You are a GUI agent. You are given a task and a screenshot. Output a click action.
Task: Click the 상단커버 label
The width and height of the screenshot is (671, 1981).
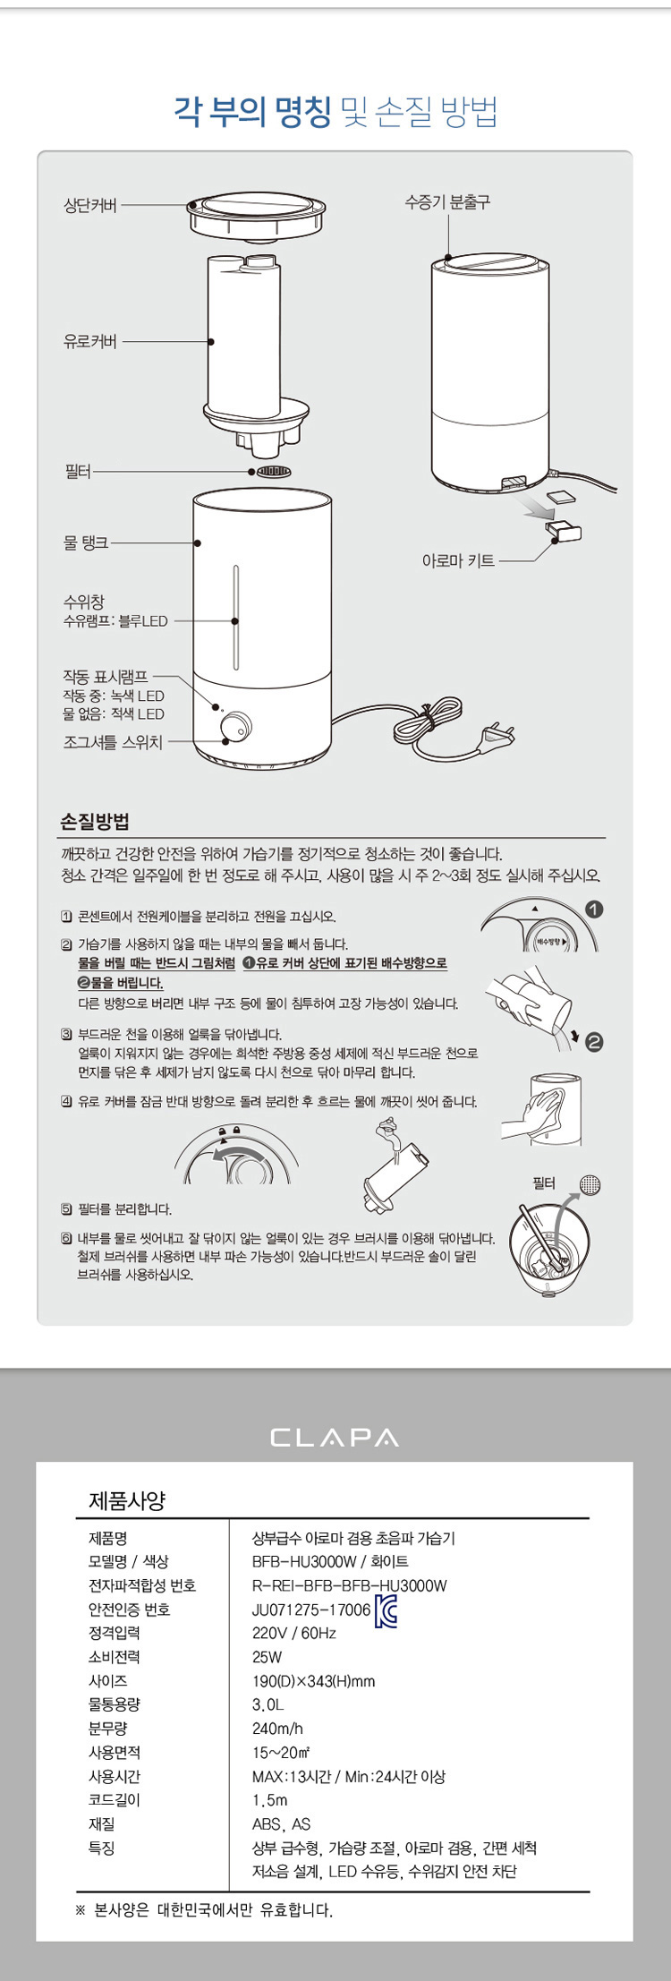pyautogui.click(x=89, y=205)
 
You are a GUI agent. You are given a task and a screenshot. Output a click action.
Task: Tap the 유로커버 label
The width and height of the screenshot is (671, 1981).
pyautogui.click(x=89, y=341)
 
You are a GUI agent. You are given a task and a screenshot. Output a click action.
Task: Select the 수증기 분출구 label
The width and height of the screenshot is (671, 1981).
pyautogui.click(x=447, y=202)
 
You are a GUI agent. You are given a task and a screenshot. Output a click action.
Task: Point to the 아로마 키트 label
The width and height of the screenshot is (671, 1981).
pyautogui.click(x=458, y=561)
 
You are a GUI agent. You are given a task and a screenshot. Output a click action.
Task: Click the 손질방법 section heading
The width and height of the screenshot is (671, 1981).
pyautogui.click(x=95, y=821)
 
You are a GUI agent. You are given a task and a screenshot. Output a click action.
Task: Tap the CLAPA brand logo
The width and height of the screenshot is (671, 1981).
pyautogui.click(x=335, y=1438)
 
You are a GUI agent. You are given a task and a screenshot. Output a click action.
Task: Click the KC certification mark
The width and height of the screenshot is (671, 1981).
pyautogui.click(x=386, y=1610)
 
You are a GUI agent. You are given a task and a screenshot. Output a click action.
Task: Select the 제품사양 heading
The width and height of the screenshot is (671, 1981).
pyautogui.click(x=127, y=1501)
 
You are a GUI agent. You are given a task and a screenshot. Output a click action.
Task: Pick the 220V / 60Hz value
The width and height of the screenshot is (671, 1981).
pyautogui.click(x=293, y=1634)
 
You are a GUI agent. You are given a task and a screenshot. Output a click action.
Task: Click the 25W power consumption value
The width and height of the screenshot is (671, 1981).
pyautogui.click(x=267, y=1657)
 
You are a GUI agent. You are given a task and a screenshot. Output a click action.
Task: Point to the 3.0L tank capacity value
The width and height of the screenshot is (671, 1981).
pyautogui.click(x=268, y=1705)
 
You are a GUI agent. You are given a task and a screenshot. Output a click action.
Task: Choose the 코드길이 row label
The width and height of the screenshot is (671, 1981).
pyautogui.click(x=114, y=1799)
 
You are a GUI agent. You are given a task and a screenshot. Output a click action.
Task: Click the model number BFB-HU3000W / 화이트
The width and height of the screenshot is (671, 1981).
pyautogui.click(x=330, y=1562)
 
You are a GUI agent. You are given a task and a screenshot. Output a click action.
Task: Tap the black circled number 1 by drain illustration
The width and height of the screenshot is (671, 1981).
pyautogui.click(x=594, y=909)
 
